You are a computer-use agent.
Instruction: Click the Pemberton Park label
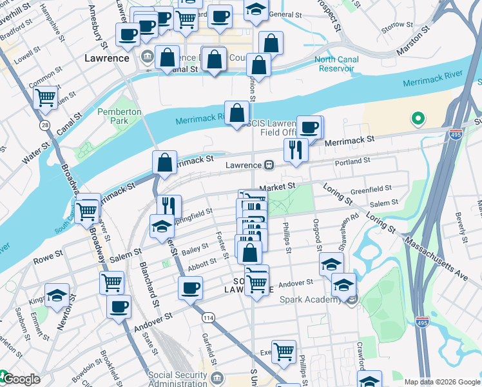(x=119, y=116)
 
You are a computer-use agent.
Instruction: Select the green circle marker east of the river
(x=418, y=119)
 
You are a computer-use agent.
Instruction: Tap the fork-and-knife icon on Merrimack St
(x=296, y=149)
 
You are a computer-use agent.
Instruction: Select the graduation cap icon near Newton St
(x=57, y=294)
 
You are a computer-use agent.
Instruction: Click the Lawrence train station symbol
(x=270, y=165)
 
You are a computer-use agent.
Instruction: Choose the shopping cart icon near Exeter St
(x=284, y=351)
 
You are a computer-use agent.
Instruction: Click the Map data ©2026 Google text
(x=441, y=382)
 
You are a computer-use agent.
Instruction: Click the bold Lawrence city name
(x=107, y=58)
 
